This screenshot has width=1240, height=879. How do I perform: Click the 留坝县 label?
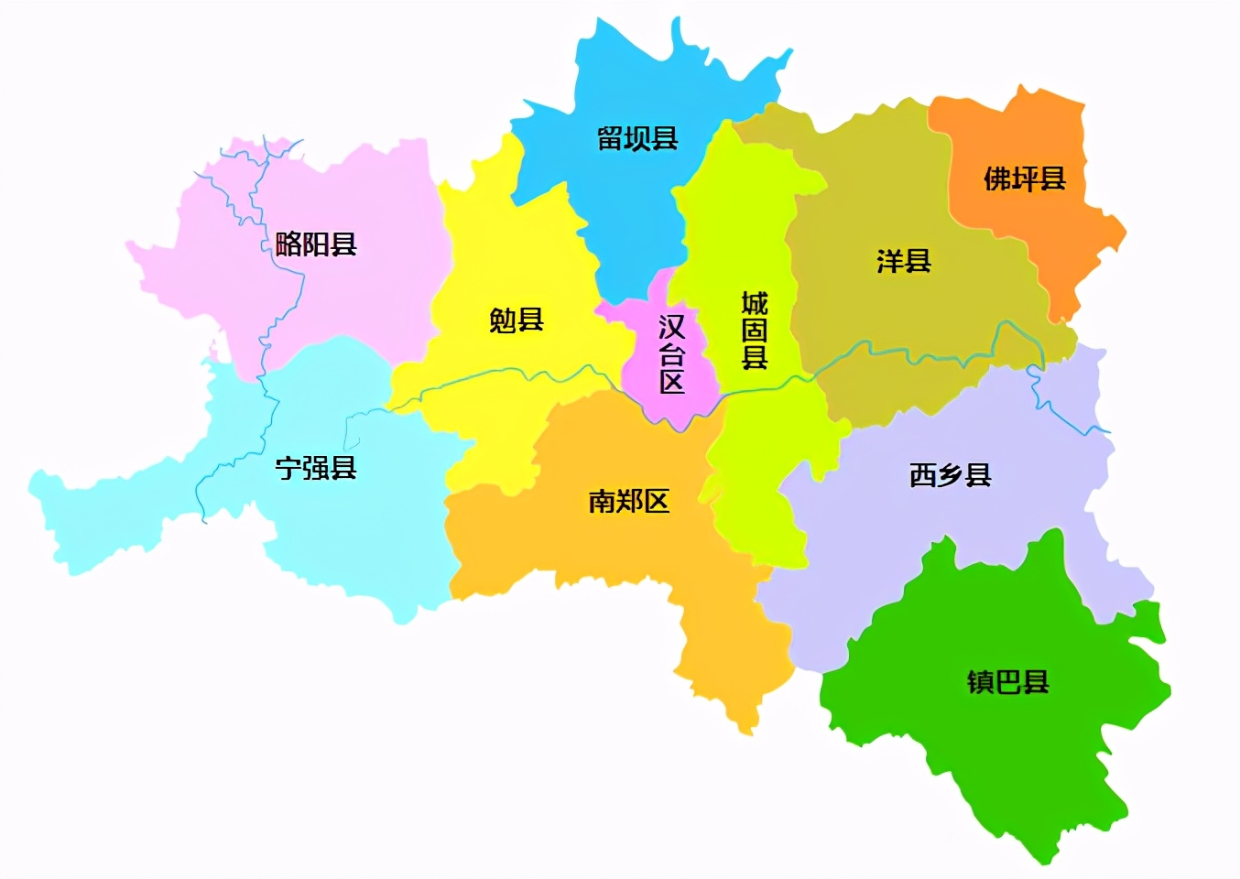637,138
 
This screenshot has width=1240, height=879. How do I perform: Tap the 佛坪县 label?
1025,179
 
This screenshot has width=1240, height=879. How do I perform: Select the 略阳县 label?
316,244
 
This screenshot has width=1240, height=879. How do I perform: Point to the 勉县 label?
517,320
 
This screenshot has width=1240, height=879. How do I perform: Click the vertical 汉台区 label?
671,353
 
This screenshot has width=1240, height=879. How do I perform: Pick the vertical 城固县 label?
754,330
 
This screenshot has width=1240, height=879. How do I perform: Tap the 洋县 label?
904,261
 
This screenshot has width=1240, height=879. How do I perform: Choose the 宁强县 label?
316,468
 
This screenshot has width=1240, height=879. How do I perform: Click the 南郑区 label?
629,501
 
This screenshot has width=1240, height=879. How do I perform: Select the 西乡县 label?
951,475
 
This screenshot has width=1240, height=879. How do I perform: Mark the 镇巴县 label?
1008,682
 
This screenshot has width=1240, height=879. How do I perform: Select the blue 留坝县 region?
632,201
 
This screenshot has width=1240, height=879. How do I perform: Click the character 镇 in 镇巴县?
981,682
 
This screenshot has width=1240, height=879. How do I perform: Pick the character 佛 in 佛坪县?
997,179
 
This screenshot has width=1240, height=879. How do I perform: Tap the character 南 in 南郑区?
602,501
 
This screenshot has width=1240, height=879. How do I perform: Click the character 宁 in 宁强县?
288,468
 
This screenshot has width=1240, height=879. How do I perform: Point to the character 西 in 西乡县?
923,475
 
